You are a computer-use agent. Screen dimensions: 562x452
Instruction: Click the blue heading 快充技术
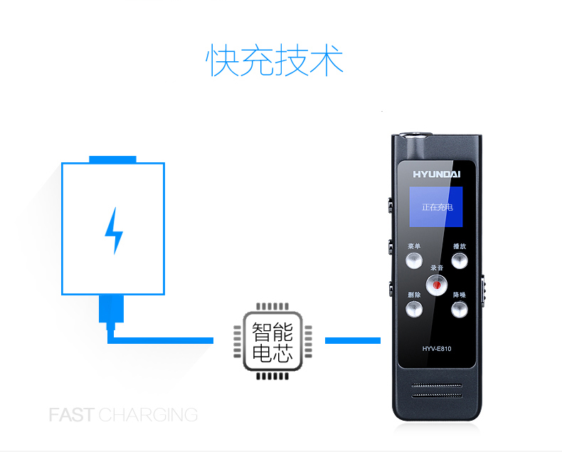(x=275, y=60)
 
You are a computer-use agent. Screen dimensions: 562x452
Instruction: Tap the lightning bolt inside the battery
(x=114, y=231)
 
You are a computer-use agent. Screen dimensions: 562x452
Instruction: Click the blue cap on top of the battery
(x=112, y=159)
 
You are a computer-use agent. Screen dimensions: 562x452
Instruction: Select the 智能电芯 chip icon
(x=272, y=341)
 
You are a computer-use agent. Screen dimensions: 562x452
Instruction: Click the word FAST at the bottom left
(x=72, y=415)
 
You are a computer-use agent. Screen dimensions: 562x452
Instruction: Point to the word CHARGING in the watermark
(x=148, y=415)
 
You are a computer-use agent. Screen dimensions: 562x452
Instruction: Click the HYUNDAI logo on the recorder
(x=437, y=174)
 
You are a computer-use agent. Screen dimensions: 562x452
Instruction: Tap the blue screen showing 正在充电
(x=436, y=206)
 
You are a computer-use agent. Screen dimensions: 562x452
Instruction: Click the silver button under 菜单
(x=414, y=261)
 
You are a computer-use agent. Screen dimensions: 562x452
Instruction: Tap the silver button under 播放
(x=460, y=261)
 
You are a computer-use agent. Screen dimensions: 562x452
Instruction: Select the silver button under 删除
(x=414, y=310)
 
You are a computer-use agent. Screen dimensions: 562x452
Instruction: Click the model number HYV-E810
(x=437, y=349)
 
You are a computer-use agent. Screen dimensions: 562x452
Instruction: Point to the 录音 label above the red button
(x=437, y=268)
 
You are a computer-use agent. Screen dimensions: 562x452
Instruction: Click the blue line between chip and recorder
(x=353, y=340)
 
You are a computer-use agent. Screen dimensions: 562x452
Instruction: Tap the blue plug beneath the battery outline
(x=111, y=312)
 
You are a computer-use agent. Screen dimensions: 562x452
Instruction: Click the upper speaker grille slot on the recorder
(x=437, y=386)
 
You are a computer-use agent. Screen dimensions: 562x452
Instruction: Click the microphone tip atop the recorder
(x=415, y=135)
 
